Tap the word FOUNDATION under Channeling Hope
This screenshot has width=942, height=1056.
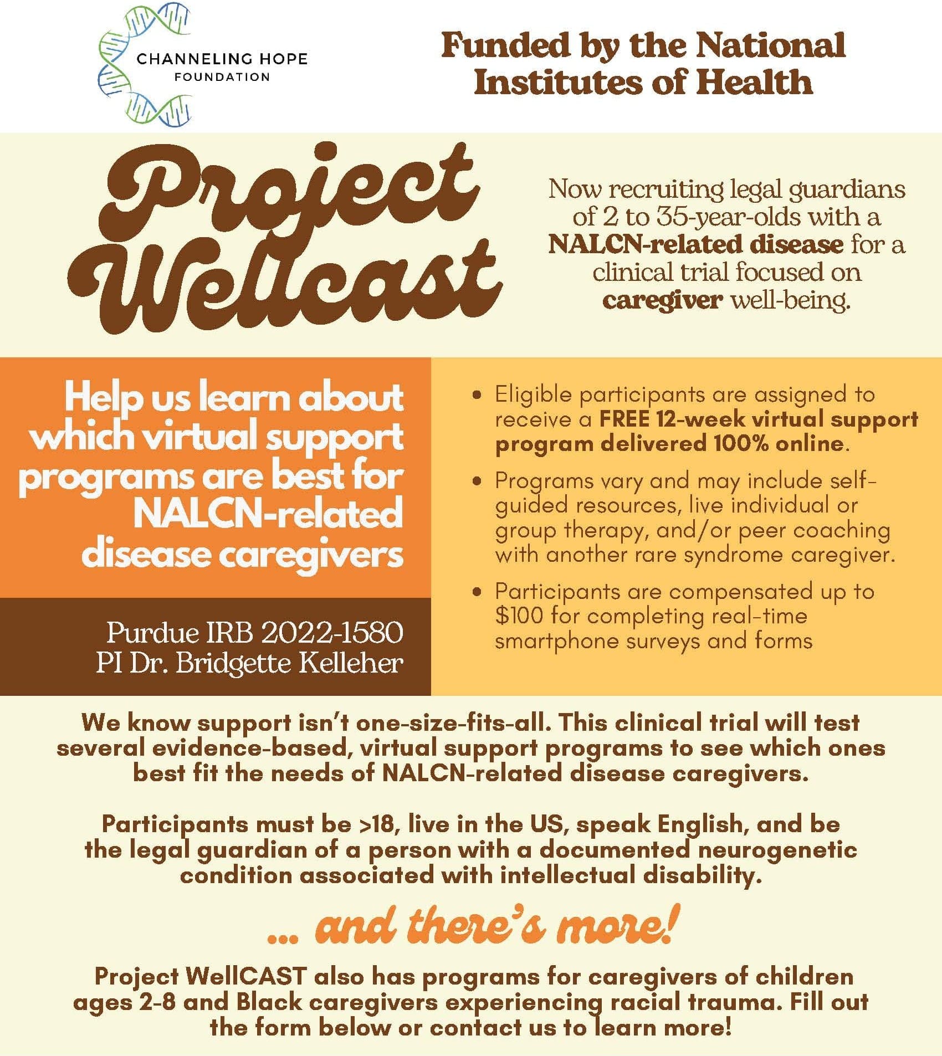(x=222, y=77)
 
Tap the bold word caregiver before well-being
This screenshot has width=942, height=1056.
(x=662, y=301)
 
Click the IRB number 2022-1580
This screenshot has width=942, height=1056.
(x=332, y=632)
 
